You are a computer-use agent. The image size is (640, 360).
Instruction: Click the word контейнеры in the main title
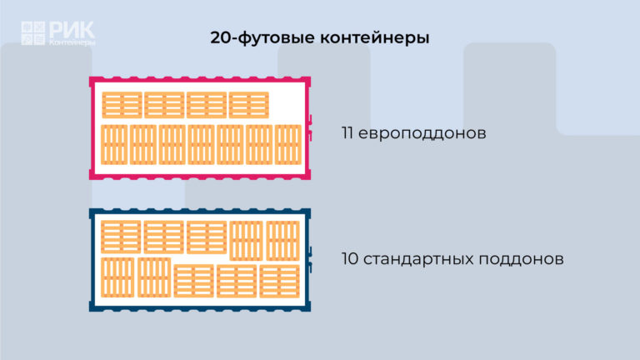374,38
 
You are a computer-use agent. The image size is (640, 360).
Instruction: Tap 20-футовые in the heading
262,38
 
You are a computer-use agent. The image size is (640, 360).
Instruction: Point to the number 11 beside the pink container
347,133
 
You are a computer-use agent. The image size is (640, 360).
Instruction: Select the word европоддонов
422,134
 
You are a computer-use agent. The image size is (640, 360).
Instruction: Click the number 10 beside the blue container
350,259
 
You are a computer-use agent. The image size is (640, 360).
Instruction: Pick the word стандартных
418,260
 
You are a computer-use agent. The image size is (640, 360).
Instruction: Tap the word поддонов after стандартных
521,260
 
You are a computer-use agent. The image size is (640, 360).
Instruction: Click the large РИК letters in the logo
72,30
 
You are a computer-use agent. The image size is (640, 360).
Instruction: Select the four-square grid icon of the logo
33,33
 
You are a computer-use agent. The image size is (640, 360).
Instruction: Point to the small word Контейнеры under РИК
72,42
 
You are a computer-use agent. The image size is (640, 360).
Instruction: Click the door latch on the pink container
310,127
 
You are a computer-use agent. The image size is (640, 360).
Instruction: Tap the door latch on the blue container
310,260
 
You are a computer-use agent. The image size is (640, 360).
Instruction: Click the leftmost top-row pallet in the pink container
122,105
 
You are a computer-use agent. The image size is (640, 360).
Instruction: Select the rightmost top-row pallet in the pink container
249,105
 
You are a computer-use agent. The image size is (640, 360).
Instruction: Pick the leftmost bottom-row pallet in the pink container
114,145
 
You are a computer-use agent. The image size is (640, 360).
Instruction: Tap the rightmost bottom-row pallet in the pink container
288,145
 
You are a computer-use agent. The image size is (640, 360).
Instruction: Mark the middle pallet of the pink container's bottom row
201,145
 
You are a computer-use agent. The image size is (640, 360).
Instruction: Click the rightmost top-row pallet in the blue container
282,241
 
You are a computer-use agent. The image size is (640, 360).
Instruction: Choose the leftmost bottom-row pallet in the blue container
117,277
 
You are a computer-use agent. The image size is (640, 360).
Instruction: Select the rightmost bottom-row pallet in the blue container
280,281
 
